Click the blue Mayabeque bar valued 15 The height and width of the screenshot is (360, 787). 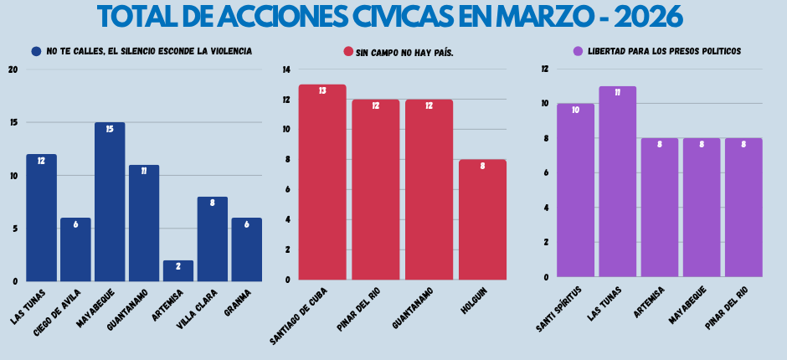110,201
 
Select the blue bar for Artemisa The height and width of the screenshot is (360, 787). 178,270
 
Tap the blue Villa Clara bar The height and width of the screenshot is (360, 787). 213,239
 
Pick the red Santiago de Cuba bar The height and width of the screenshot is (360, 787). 322,182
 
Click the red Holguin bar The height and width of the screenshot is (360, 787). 482,219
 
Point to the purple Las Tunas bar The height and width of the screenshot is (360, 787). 617,181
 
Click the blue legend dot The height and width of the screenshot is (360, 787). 36,51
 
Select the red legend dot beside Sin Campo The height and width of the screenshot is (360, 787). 348,52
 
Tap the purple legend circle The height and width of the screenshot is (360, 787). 578,51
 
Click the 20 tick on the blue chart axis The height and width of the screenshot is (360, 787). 13,69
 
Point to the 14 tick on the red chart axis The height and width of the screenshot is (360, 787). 287,69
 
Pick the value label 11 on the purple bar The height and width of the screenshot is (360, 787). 617,93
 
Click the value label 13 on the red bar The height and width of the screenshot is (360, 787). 322,90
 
